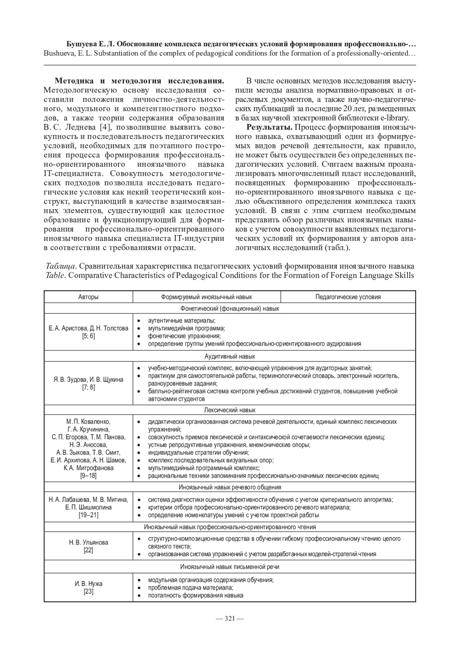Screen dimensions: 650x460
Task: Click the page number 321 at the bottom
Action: [230, 618]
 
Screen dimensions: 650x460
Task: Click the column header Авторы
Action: [88, 297]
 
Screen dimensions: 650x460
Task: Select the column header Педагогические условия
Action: [348, 297]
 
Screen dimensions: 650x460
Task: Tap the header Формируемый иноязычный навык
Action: [207, 297]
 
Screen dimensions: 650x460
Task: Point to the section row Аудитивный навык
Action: [230, 357]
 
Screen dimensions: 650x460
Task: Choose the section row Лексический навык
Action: [230, 410]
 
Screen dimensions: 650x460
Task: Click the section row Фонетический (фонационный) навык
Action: [230, 308]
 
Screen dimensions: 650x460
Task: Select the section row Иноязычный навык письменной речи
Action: [230, 567]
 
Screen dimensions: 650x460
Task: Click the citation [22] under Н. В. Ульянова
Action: [88, 550]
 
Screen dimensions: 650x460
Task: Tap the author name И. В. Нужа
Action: [88, 584]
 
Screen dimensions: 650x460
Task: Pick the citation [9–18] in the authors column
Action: [88, 476]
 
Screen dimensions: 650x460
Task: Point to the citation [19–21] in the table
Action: [88, 515]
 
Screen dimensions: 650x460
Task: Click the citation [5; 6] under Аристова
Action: [88, 336]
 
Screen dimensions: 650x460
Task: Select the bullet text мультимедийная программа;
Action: [186, 328]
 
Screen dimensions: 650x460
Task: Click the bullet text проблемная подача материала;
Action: [191, 588]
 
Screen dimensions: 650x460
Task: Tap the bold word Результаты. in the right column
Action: [270, 128]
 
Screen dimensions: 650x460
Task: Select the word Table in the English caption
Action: [54, 275]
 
